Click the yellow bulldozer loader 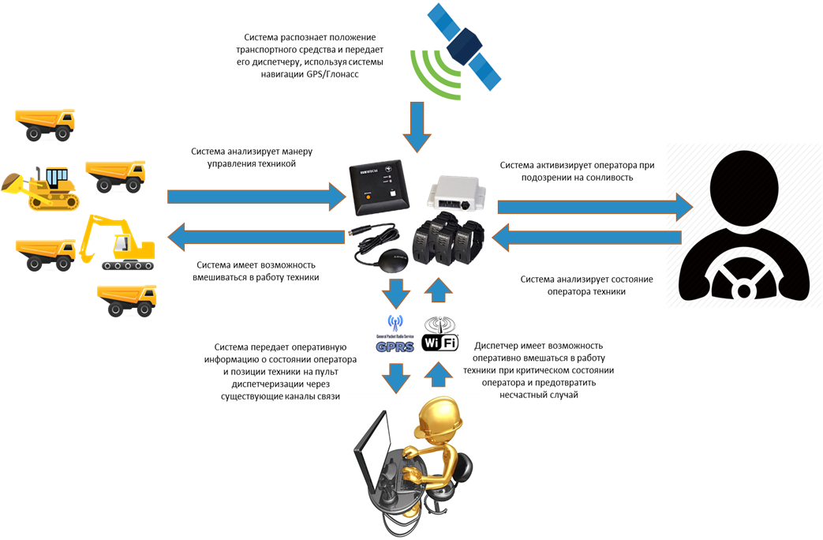tap(44, 187)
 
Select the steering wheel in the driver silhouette tap(743, 280)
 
